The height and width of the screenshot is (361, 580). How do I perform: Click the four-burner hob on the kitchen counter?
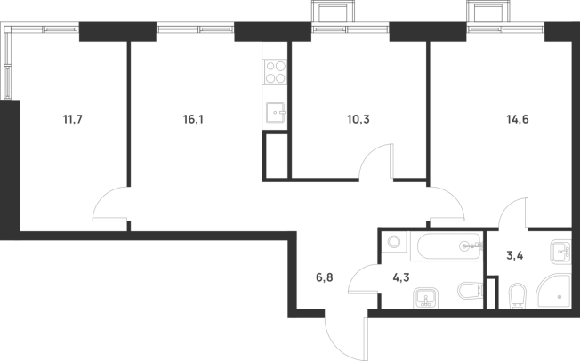(275, 70)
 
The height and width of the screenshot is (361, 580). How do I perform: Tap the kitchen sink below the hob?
(275, 113)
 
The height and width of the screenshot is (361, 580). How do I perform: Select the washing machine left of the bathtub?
(392, 242)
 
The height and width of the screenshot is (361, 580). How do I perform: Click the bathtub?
(446, 246)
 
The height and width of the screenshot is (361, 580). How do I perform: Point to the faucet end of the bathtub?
(469, 246)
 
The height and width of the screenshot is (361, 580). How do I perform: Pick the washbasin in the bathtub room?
(426, 294)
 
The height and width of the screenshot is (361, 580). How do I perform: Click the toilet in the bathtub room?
(468, 291)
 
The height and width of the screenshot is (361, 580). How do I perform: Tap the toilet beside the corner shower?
(517, 293)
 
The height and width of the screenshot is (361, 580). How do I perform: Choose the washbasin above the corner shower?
(560, 253)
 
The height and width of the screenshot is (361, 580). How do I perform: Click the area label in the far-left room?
(68, 119)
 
